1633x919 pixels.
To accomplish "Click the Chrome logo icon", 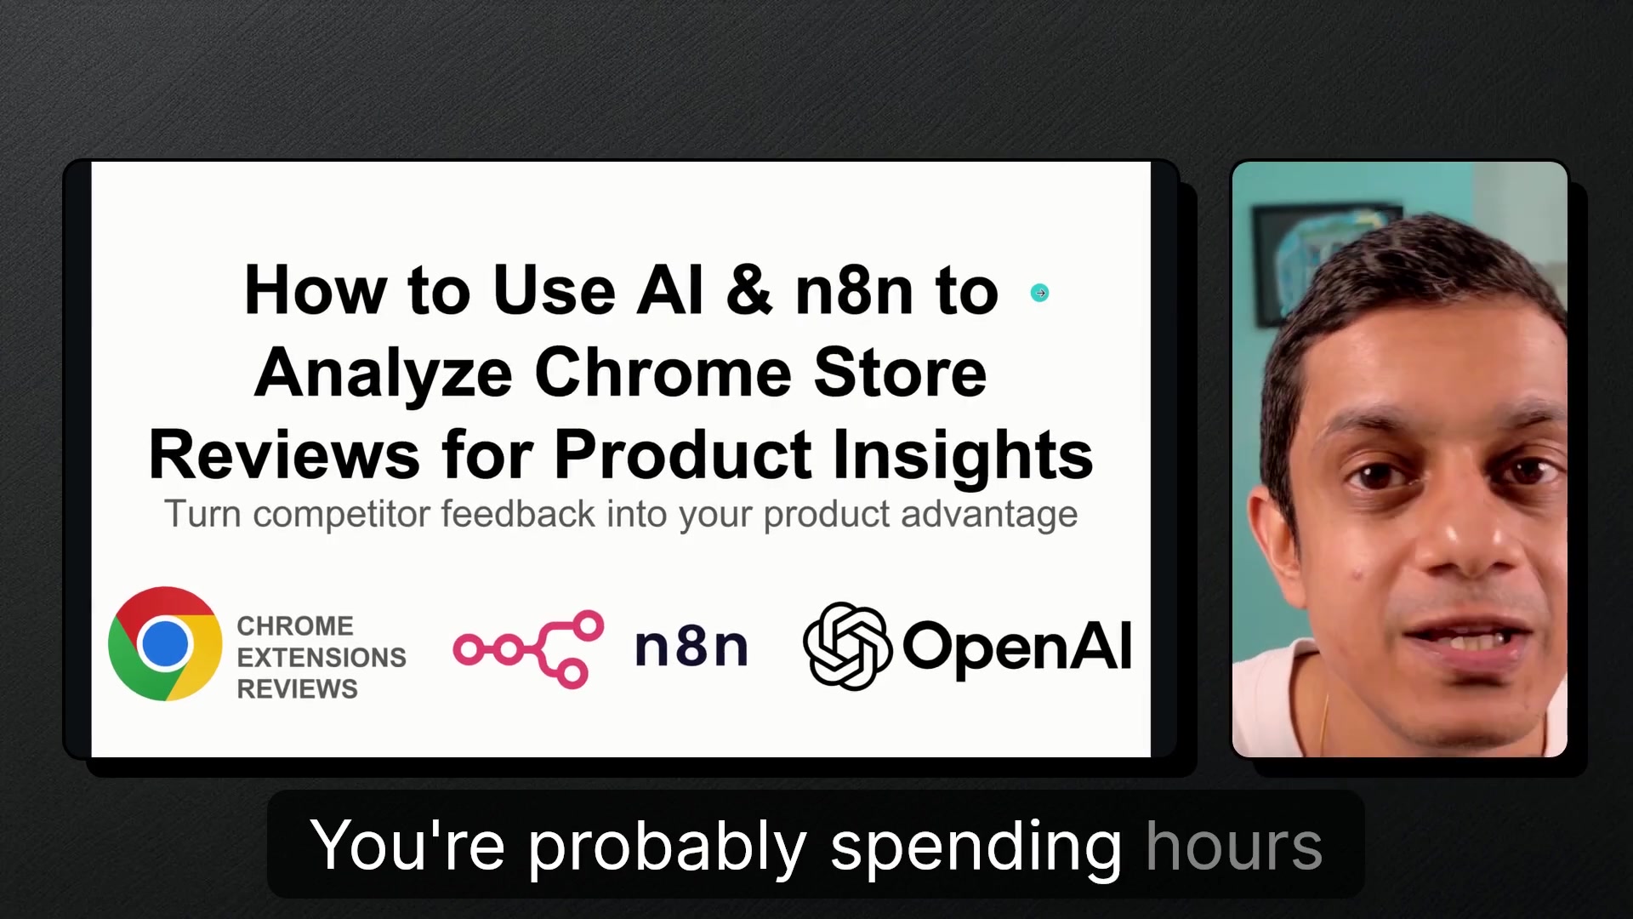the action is (165, 643).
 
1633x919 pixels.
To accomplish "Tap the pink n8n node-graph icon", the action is (528, 648).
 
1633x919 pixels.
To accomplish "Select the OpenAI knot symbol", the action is (847, 646).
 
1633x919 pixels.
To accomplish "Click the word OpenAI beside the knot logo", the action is (1016, 647).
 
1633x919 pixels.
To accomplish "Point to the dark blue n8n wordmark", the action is (691, 647).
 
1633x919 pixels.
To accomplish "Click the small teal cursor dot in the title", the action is (1039, 293).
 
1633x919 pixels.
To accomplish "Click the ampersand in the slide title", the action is (749, 290).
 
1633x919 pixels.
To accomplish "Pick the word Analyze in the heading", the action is (384, 374).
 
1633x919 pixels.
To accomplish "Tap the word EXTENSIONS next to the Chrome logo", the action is (321, 657).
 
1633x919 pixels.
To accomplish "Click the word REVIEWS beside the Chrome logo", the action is (297, 688).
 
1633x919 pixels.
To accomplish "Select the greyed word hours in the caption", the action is (1234, 846).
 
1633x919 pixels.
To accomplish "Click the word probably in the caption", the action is (667, 848).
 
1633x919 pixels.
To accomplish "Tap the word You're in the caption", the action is (407, 844).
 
